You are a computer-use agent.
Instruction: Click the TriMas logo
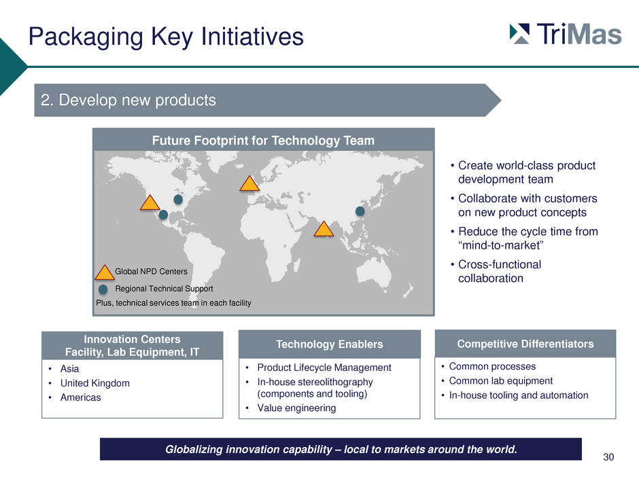pyautogui.click(x=565, y=34)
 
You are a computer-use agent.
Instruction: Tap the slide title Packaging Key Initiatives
pyautogui.click(x=166, y=37)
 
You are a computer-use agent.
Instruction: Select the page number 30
pyautogui.click(x=608, y=457)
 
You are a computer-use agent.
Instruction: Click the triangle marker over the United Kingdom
pyautogui.click(x=249, y=183)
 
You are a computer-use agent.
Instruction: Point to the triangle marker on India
pyautogui.click(x=324, y=229)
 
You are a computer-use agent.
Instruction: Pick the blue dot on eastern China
pyautogui.click(x=360, y=211)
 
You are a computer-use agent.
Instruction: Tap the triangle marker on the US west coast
pyautogui.click(x=150, y=202)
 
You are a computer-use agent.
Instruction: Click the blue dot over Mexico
pyautogui.click(x=163, y=215)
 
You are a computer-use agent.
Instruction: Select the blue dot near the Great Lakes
pyautogui.click(x=178, y=200)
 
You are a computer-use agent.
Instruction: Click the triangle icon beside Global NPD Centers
pyautogui.click(x=104, y=272)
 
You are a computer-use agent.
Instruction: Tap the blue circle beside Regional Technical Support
pyautogui.click(x=103, y=289)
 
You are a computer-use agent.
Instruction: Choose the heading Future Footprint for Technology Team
pyautogui.click(x=263, y=141)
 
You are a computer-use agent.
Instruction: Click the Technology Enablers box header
pyautogui.click(x=329, y=344)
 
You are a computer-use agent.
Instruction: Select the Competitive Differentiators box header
pyautogui.click(x=525, y=344)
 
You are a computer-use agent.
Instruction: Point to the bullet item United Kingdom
pyautogui.click(x=95, y=383)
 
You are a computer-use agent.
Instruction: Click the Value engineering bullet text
pyautogui.click(x=296, y=408)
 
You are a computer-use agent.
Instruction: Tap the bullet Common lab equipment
pyautogui.click(x=501, y=381)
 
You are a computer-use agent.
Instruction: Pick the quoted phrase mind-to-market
pyautogui.click(x=501, y=245)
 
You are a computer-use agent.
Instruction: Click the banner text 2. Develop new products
pyautogui.click(x=128, y=100)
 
